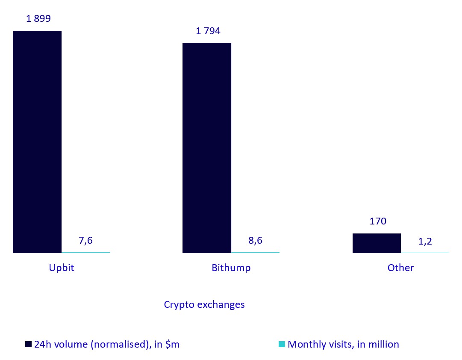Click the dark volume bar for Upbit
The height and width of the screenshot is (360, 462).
point(37,142)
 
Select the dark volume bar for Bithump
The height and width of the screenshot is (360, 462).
point(207,148)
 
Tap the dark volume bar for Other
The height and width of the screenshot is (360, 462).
point(377,243)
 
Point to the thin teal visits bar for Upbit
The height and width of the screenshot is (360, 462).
point(85,252)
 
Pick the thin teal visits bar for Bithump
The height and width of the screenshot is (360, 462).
point(255,252)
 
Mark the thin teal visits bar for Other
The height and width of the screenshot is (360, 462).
point(425,252)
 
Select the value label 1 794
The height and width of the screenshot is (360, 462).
point(208,31)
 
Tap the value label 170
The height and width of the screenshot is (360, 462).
point(378,221)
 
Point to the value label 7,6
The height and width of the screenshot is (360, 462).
point(85,240)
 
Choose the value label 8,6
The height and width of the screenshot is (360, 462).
point(255,240)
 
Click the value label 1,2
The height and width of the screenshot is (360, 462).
point(425,241)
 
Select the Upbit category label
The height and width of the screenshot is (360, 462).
point(62,268)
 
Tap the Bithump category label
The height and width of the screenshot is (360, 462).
point(231,268)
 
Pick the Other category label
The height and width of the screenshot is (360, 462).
point(400,268)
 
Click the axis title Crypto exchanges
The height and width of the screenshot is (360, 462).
point(204,304)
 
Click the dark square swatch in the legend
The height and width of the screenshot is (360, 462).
point(29,344)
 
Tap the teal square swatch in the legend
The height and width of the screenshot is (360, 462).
point(281,344)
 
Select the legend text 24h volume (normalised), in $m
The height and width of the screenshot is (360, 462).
point(107,344)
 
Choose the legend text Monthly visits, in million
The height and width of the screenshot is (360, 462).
point(343,344)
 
